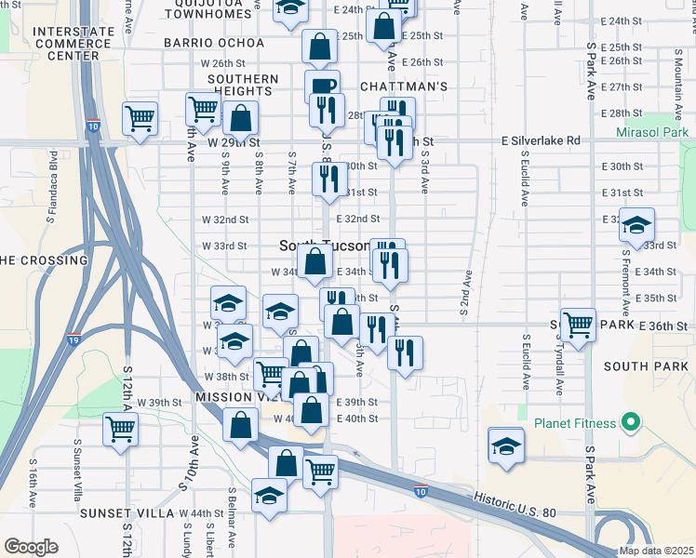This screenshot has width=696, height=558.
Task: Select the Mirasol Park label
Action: coord(652,133)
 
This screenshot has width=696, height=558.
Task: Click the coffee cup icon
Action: coord(323,86)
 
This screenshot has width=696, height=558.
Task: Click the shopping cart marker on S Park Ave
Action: coord(578,325)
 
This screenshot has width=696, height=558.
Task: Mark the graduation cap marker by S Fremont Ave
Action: coord(637,225)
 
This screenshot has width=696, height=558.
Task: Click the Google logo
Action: coord(32,546)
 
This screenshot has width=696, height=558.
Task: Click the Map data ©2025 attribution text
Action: coord(656,551)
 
